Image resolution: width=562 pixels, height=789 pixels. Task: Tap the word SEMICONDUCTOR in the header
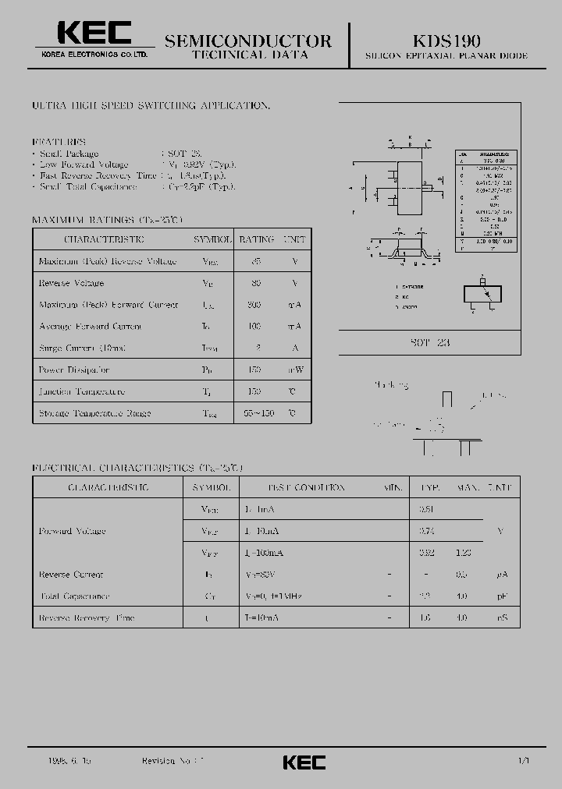[248, 41]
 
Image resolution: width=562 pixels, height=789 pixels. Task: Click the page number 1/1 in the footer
[522, 759]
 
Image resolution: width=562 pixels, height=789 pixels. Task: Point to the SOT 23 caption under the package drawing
[430, 342]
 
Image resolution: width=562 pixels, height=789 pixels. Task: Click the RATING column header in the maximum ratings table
[256, 239]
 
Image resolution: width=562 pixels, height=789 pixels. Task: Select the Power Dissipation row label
[74, 370]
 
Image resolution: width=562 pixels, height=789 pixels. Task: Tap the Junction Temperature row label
[81, 391]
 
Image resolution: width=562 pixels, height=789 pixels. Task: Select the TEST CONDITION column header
[307, 487]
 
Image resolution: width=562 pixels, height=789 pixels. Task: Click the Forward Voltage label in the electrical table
[72, 531]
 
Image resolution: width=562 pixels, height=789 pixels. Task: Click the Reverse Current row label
[71, 575]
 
